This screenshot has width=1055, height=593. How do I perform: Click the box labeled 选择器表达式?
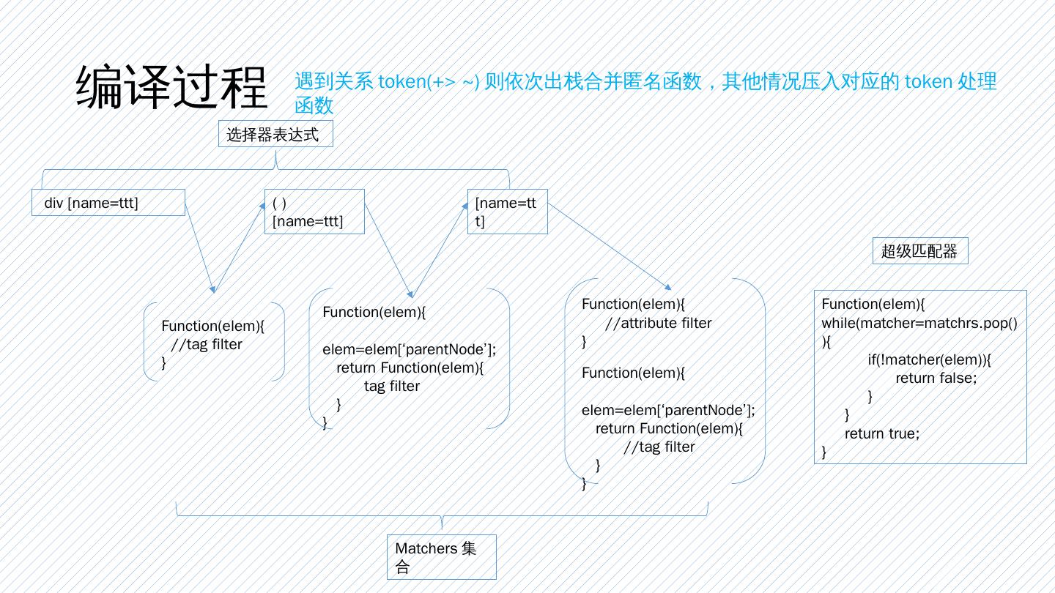pyautogui.click(x=276, y=135)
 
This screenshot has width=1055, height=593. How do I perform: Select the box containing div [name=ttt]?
pyautogui.click(x=108, y=203)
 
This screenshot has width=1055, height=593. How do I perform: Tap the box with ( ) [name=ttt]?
pyautogui.click(x=314, y=212)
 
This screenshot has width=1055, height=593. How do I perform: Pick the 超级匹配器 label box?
pyautogui.click(x=919, y=251)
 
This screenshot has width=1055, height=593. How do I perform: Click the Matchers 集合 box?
pyautogui.click(x=441, y=557)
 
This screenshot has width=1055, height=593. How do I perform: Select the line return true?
pyautogui.click(x=881, y=433)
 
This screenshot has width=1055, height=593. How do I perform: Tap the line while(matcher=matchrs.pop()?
pyautogui.click(x=922, y=323)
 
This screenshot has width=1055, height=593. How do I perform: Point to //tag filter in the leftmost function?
pyautogui.click(x=206, y=345)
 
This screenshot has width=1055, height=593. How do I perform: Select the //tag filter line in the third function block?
pyautogui.click(x=658, y=447)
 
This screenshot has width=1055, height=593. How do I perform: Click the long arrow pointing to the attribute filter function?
pyautogui.click(x=608, y=245)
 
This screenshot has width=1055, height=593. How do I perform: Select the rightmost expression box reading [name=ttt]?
pyautogui.click(x=507, y=212)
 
